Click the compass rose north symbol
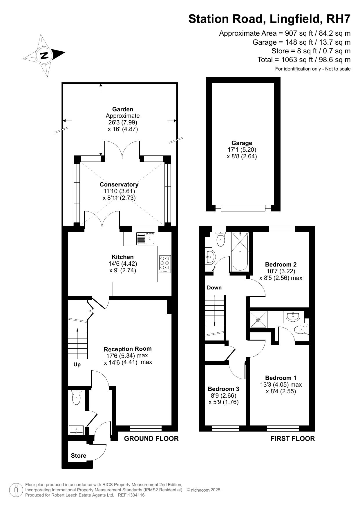[x=44, y=55]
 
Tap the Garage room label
[x=242, y=143]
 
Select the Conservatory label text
[x=119, y=184]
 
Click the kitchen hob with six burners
[x=165, y=264]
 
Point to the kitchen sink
[x=146, y=239]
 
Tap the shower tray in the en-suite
[x=258, y=320]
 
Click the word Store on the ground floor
[x=79, y=456]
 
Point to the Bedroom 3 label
[x=223, y=389]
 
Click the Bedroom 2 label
[x=281, y=265]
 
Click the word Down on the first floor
[x=214, y=288]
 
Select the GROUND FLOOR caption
[x=151, y=438]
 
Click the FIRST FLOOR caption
[x=293, y=438]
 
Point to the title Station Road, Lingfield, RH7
[x=269, y=19]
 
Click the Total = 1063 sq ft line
[x=304, y=60]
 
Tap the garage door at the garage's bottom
[x=243, y=208]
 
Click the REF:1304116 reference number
[x=131, y=495]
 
